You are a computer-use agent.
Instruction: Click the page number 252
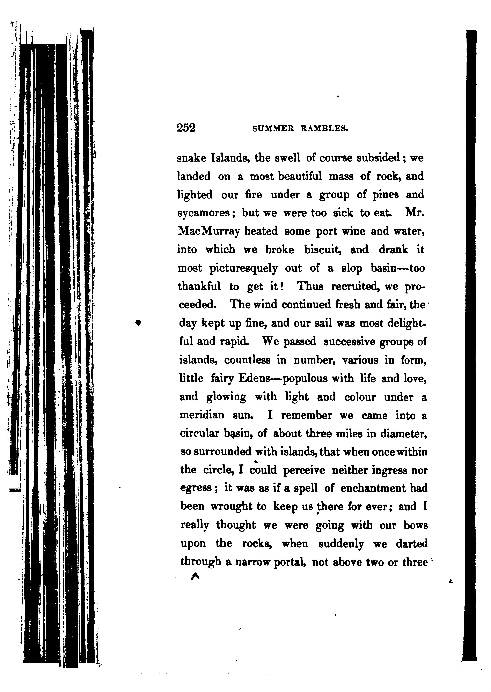pyautogui.click(x=186, y=128)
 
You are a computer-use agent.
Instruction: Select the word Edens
pyautogui.click(x=254, y=378)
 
